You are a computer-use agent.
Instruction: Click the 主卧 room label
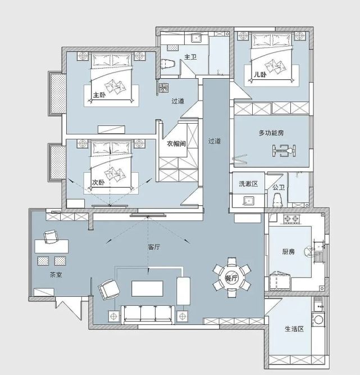click(99, 95)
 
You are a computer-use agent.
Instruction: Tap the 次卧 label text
click(98, 183)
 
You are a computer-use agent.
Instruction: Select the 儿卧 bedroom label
click(260, 74)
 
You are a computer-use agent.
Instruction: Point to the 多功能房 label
click(271, 133)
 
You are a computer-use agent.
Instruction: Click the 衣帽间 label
click(176, 143)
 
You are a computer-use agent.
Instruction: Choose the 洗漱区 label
click(248, 184)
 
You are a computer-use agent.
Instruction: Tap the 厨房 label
click(288, 252)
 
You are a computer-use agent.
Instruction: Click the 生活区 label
click(294, 329)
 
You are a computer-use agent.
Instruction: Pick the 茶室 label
click(56, 275)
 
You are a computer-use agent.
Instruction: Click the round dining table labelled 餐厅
click(232, 278)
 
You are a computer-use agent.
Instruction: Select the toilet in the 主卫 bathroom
click(168, 64)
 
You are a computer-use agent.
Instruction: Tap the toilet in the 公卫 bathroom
click(278, 200)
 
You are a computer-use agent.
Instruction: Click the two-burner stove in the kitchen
click(291, 219)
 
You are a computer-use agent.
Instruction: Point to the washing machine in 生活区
click(318, 319)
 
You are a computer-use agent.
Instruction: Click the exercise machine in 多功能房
click(284, 151)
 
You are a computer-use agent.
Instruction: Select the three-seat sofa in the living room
click(148, 314)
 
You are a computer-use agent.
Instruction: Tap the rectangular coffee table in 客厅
click(147, 288)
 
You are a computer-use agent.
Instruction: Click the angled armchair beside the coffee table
click(109, 290)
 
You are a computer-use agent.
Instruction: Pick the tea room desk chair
click(51, 237)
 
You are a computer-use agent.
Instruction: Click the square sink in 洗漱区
click(249, 201)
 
